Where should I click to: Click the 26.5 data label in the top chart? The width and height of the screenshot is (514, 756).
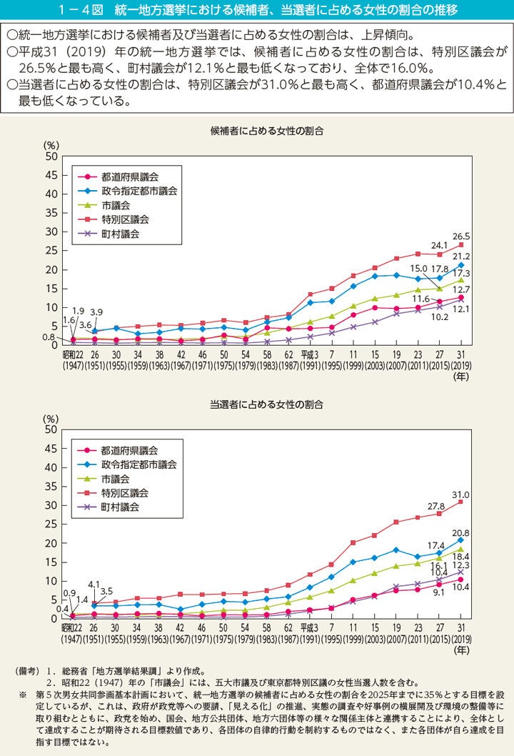(460, 235)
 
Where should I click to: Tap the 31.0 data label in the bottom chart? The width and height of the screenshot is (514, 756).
(460, 493)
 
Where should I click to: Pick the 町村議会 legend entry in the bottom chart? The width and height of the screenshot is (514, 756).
(120, 507)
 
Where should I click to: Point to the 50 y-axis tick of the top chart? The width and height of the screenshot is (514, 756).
(50, 156)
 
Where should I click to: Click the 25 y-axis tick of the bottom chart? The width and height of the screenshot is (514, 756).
(50, 524)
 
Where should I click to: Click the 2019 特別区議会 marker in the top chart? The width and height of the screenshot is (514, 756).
(461, 245)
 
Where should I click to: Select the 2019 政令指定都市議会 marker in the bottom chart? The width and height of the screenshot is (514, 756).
(461, 540)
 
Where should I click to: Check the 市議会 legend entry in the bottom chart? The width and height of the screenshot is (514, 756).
(115, 478)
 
